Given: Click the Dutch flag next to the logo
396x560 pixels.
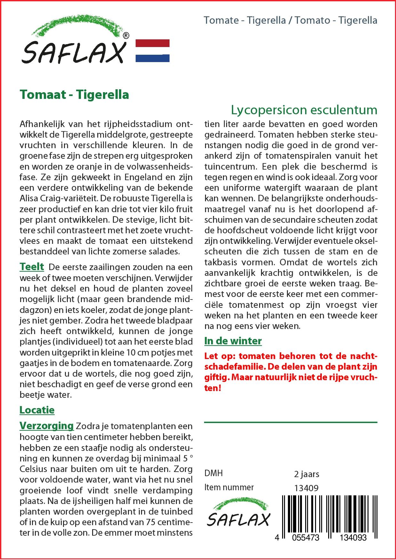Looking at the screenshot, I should pos(153,51).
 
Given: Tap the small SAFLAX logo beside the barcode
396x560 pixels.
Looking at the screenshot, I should pos(238,515).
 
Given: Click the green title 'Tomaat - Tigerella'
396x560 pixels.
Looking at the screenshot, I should pos(74,94).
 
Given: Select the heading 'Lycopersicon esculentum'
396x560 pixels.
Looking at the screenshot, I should pos(304,110).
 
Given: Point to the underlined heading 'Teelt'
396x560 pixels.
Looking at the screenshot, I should pos(32,267).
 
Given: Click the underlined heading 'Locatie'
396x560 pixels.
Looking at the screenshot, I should pos(37,410).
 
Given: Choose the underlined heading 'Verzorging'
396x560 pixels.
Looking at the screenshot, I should pos(47,426).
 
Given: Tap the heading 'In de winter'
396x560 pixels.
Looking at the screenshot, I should pos(233,341).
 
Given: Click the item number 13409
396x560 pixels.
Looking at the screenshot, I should pos(306,488).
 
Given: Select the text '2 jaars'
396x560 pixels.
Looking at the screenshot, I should pos(306,474).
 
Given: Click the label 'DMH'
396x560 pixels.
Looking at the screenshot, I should pos(213,473).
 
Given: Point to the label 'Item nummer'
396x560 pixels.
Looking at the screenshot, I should pos(229,487).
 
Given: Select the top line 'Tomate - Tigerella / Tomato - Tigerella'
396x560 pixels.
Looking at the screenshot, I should pos(290,20).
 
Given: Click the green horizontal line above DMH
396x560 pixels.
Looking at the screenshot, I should pos(290,422).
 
